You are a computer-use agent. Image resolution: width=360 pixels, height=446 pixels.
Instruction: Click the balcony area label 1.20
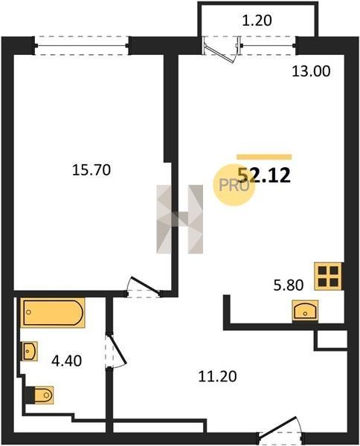coord(257,21)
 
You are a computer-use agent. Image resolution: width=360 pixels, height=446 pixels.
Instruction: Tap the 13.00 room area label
coord(311,71)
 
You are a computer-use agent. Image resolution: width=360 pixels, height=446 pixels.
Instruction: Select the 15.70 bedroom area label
coord(91,170)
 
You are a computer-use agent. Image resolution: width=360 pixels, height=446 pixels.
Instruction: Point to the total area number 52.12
coord(264,175)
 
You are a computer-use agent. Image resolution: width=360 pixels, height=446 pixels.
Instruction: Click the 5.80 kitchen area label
coord(289,285)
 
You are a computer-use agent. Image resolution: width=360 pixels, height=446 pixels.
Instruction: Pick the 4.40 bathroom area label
coord(67,361)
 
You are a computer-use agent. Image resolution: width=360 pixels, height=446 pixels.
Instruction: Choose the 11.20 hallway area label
coord(217,377)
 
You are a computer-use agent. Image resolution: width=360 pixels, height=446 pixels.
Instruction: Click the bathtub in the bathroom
coord(53,313)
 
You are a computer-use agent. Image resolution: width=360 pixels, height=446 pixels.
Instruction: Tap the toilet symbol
coord(40,395)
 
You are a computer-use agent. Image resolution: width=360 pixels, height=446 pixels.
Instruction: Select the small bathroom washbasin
coord(30,351)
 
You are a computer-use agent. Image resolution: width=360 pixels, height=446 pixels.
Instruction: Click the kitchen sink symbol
coord(305,311)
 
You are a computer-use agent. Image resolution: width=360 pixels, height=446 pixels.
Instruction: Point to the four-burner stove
coord(328,277)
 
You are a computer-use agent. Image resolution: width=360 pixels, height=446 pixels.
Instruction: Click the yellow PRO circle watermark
coord(234,185)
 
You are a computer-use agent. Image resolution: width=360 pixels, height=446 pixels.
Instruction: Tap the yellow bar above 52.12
coord(264,157)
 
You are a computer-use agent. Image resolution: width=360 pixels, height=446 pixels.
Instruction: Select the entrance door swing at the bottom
coord(279,427)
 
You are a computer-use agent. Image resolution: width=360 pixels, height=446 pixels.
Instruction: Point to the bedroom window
coord(82,45)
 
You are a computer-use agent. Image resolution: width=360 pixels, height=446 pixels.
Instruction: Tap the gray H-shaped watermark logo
coord(179,219)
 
